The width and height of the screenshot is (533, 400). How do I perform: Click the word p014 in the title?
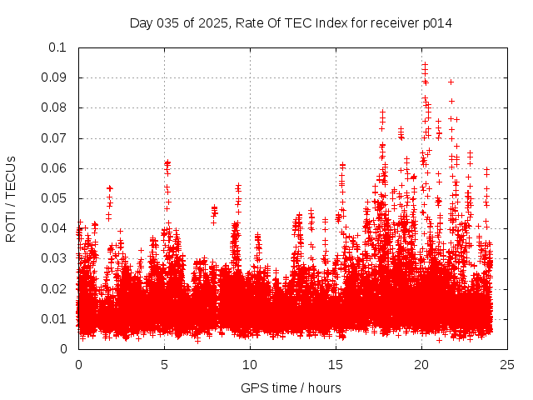point(436,22)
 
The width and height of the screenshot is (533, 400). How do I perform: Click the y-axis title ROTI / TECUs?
point(11,198)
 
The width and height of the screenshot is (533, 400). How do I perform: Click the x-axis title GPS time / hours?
point(291,387)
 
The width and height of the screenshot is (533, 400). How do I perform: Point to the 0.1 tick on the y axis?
point(60,47)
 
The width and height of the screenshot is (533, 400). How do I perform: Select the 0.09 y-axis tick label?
point(57,77)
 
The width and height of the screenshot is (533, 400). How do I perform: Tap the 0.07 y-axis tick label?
point(57,138)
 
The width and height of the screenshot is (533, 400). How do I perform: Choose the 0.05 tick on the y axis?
point(57,198)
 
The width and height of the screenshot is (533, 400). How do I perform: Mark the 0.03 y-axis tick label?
point(57,258)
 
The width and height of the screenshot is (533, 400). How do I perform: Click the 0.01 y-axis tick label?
point(57,319)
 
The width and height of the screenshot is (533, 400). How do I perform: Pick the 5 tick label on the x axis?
point(164,365)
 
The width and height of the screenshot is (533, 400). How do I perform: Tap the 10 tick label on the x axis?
point(250,365)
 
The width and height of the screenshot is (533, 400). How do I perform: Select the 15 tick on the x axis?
point(336,365)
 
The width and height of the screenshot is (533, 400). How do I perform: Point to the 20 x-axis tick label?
point(421,365)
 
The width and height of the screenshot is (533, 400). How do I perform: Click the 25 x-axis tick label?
point(507,365)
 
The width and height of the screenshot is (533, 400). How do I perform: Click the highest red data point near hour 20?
point(425,63)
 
